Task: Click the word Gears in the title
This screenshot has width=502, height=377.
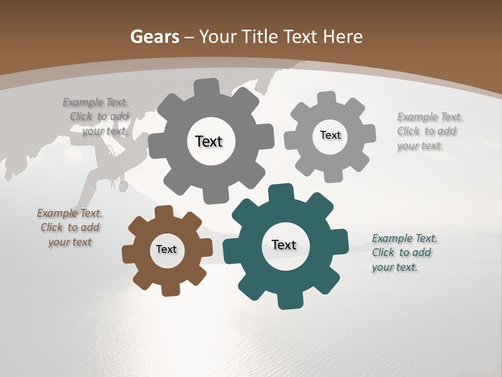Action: [154, 37]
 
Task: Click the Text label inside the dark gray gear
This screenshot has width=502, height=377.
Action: [209, 141]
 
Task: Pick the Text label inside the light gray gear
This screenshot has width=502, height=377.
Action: [330, 135]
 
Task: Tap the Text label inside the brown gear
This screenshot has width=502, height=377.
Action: [166, 249]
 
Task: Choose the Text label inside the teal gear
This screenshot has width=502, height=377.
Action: [284, 245]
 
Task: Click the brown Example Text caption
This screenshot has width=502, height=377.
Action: [70, 228]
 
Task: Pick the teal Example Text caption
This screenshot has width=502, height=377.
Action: [404, 252]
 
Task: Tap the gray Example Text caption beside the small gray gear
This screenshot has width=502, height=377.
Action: [429, 131]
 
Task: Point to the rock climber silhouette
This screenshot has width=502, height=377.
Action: [105, 168]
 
